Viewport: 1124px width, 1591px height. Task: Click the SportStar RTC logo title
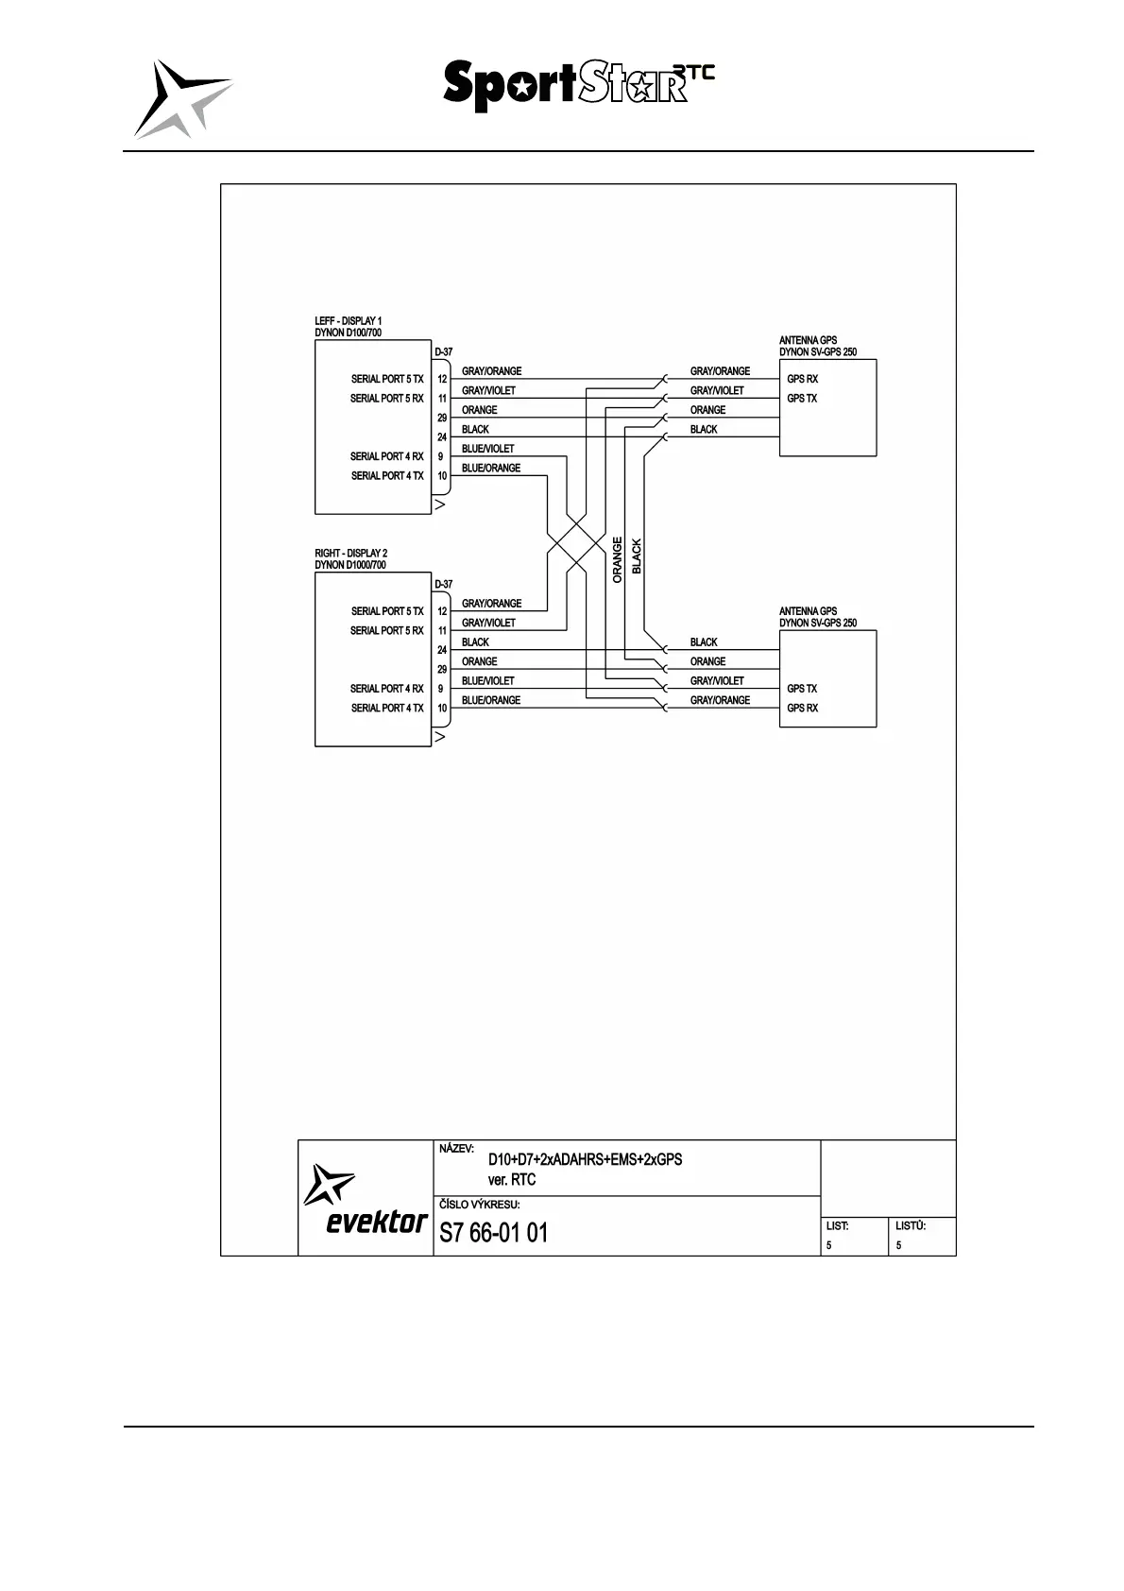(x=578, y=85)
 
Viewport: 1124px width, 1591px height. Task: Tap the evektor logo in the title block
(x=366, y=1199)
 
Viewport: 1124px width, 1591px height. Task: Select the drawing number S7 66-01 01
(x=493, y=1233)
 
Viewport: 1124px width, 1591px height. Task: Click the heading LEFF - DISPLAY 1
(x=349, y=321)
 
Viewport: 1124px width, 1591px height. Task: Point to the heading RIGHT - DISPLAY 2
(x=350, y=554)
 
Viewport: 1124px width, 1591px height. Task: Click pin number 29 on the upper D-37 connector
(x=442, y=418)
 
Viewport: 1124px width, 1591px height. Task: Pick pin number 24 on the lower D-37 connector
(x=442, y=650)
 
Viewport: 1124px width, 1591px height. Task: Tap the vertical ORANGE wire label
(x=618, y=560)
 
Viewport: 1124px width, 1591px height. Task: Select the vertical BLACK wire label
(x=637, y=556)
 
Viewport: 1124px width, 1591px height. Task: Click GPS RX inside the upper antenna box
(x=802, y=379)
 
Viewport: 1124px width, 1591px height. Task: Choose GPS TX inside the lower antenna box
(x=802, y=689)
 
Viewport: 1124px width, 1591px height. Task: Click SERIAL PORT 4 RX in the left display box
(x=386, y=456)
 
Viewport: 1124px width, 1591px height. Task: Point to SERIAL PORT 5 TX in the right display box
(x=386, y=611)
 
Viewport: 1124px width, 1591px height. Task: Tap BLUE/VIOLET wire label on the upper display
(x=487, y=449)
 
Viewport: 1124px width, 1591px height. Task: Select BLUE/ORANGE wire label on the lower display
(x=490, y=700)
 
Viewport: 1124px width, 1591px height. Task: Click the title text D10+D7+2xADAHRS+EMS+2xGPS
(x=585, y=1159)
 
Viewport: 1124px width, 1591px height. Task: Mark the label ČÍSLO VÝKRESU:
(x=479, y=1205)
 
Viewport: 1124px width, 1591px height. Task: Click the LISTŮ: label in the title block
(x=910, y=1225)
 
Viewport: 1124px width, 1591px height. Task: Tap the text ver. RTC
(x=511, y=1179)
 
